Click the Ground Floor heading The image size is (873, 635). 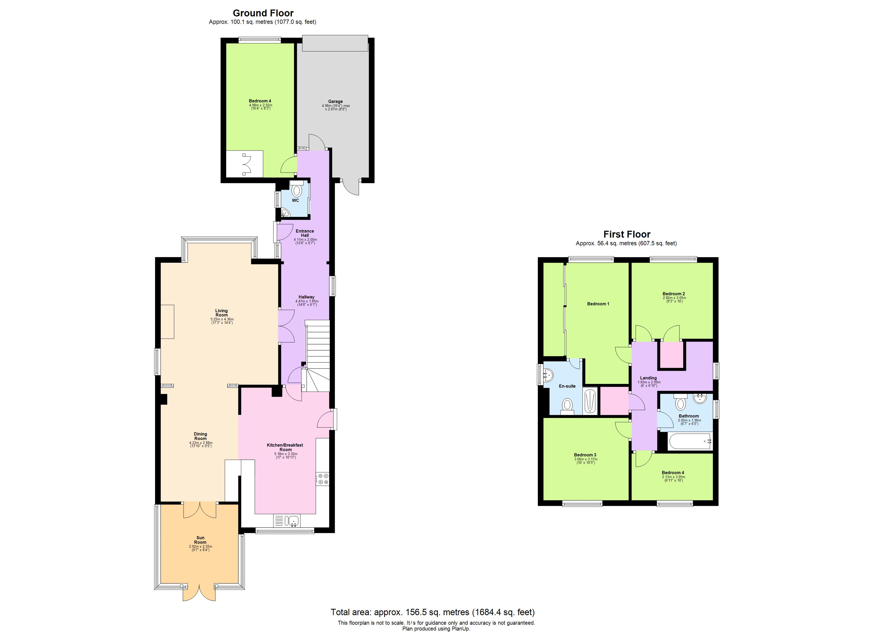[x=263, y=13]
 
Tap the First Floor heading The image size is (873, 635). [x=627, y=234]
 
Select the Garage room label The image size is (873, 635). [x=335, y=101]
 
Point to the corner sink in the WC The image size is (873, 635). [x=285, y=212]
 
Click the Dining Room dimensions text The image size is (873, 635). [x=201, y=444]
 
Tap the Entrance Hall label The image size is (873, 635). [x=304, y=233]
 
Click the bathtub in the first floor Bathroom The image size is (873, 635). [x=690, y=442]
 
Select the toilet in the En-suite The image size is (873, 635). [x=567, y=406]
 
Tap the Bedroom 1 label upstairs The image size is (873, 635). [x=598, y=304]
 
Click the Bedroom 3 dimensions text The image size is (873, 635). [x=585, y=461]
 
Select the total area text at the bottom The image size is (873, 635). [x=432, y=612]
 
